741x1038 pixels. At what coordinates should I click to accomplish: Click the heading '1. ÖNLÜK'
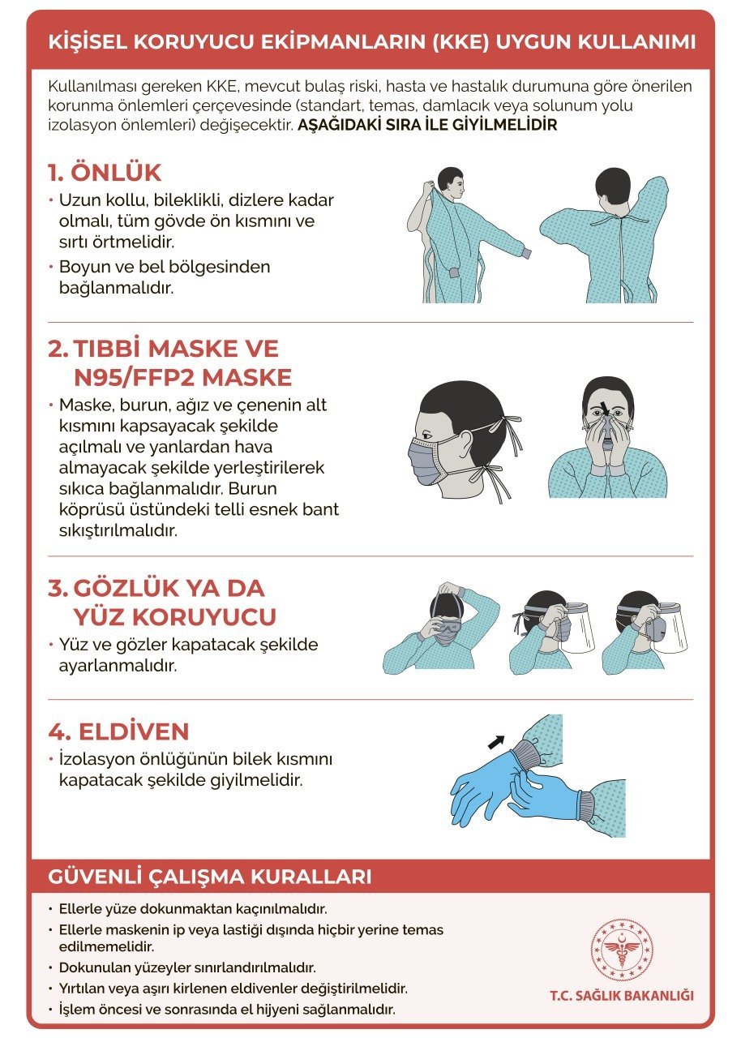[x=105, y=173]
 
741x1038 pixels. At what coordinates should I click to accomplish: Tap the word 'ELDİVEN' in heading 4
[x=133, y=731]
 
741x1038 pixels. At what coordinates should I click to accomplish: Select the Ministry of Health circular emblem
[x=621, y=949]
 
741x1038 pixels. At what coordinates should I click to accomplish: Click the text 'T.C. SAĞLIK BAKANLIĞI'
[x=621, y=995]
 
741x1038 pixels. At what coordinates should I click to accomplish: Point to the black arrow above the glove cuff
[x=496, y=740]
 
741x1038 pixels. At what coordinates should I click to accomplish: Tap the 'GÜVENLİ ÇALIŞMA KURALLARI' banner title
[x=210, y=877]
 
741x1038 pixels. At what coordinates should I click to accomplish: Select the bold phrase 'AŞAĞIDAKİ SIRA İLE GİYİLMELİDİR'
[x=427, y=126]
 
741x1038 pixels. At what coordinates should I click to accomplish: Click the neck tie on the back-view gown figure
[x=618, y=221]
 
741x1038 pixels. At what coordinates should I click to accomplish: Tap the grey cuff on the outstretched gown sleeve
[x=525, y=254]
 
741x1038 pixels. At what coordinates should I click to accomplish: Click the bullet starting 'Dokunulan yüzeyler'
[x=186, y=967]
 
